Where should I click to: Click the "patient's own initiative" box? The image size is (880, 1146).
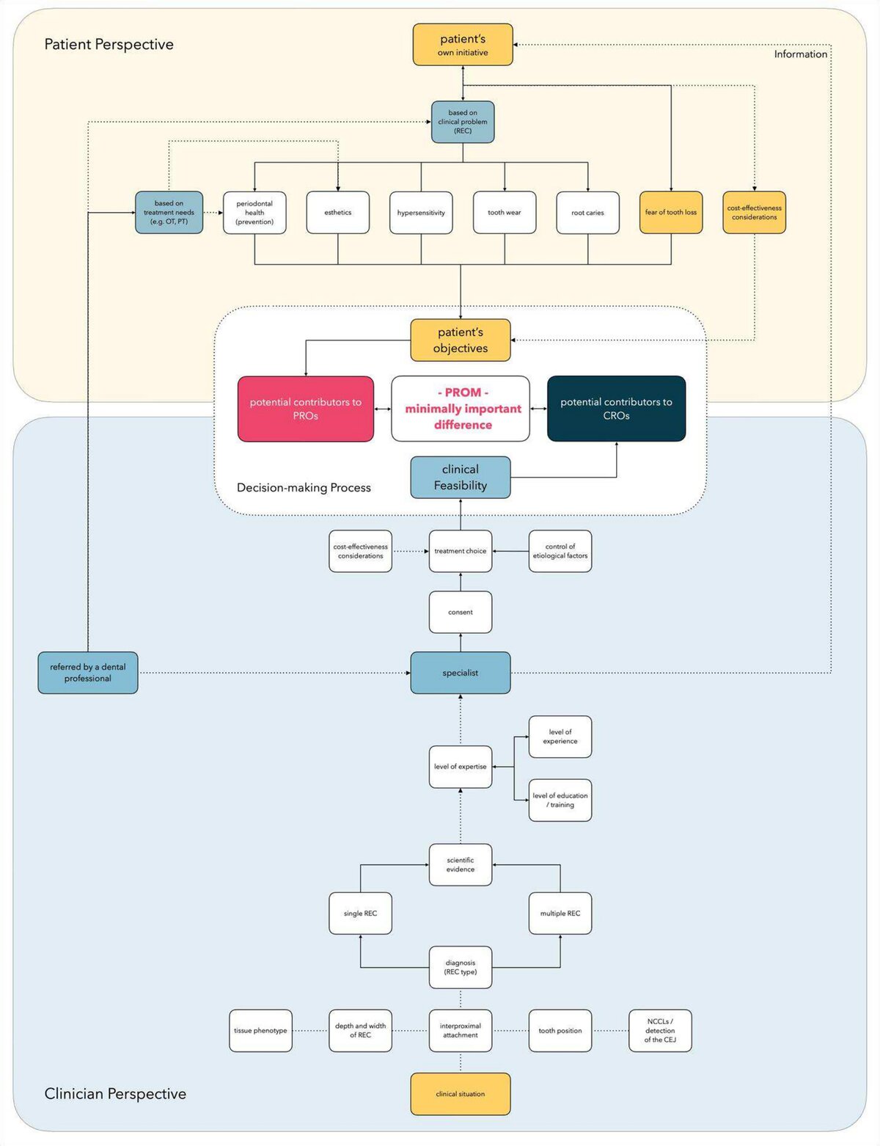click(463, 45)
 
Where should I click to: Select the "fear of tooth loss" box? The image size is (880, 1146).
click(671, 213)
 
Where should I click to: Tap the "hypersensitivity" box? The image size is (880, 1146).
click(421, 213)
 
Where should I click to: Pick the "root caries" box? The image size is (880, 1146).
click(587, 213)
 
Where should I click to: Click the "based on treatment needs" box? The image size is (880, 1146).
click(169, 213)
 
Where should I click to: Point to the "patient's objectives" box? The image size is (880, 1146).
click(461, 340)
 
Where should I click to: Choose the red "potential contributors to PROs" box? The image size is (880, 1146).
click(306, 409)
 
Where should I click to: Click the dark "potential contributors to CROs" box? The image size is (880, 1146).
click(616, 409)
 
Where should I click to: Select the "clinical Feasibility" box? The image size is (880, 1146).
click(461, 478)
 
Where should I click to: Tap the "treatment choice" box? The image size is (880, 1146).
click(461, 551)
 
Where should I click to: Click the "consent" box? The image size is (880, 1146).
click(461, 612)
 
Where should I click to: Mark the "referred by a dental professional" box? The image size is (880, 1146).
click(88, 673)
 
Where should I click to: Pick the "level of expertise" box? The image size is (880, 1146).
click(461, 767)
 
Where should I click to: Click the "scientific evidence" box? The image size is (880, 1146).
click(461, 865)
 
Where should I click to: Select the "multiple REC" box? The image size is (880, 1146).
click(560, 913)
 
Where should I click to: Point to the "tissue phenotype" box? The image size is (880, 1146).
click(260, 1031)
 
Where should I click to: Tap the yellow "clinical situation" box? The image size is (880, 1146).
click(461, 1094)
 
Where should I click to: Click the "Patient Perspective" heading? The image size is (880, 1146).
click(109, 45)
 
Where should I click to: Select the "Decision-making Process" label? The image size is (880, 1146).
click(304, 488)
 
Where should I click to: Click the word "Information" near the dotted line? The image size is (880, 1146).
click(801, 54)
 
